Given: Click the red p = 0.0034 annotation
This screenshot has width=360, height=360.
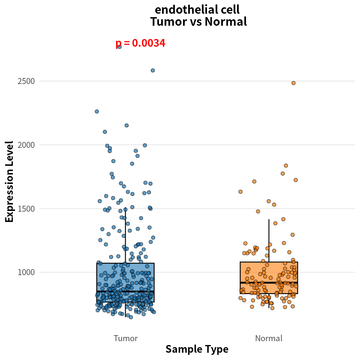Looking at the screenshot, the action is [140, 43].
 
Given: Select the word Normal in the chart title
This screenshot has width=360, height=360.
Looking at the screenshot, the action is [226, 22].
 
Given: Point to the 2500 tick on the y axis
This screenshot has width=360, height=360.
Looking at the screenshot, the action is [26, 81].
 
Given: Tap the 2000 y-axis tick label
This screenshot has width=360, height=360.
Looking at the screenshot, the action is [26, 145].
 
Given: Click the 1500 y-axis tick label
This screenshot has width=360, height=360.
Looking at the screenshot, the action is [26, 209].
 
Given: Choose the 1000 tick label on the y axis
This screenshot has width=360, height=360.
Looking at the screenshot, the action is [26, 272].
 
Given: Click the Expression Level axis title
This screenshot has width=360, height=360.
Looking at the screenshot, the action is [9, 182].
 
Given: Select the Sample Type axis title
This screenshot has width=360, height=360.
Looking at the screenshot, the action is [197, 349].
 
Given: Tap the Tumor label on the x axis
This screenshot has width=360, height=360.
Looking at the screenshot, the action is [126, 338].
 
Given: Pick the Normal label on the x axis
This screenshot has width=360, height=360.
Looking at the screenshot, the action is [269, 338].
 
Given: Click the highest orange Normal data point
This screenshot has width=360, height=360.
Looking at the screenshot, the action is [294, 83].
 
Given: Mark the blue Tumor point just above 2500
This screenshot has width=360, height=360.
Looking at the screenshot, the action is [153, 70].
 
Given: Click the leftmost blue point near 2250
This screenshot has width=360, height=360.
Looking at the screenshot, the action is [97, 111].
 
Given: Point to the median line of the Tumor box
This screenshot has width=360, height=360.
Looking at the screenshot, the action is [125, 291].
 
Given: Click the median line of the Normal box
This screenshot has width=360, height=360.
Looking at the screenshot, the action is [269, 282].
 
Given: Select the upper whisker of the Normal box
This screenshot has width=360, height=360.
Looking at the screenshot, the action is [269, 240].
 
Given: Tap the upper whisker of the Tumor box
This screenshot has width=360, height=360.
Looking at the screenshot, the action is [125, 235].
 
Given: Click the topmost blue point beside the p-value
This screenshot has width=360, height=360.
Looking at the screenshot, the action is [120, 47].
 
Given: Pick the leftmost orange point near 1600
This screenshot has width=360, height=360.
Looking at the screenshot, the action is [240, 192].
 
